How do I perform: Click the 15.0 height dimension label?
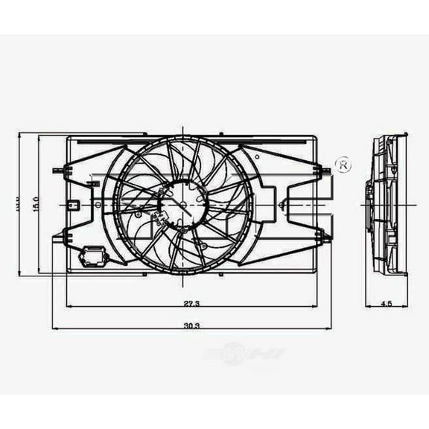pyautogui.click(x=35, y=204)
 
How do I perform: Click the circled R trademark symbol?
pyautogui.click(x=344, y=165)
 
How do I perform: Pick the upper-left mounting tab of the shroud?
pyautogui.click(x=58, y=171)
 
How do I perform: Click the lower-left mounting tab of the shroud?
pyautogui.click(x=58, y=236)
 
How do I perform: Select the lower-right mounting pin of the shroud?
pyautogui.click(x=323, y=238)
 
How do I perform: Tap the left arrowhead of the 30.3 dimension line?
pyautogui.click(x=55, y=328)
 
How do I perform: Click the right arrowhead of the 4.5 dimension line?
pyautogui.click(x=405, y=305)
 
